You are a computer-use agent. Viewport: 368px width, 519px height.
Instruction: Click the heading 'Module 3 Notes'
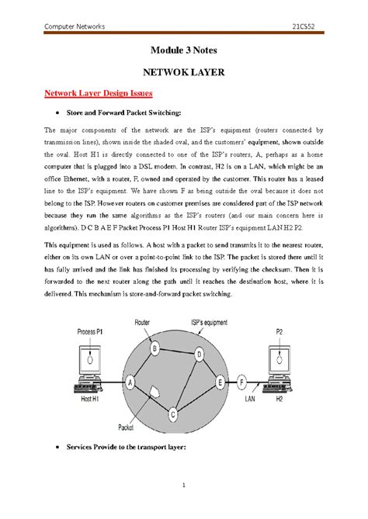[184, 51]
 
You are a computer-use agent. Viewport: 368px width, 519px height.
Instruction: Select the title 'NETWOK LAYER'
[184, 72]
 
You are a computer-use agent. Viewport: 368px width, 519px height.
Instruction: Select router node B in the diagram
[155, 349]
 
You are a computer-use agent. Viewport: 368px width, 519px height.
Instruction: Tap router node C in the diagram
[174, 413]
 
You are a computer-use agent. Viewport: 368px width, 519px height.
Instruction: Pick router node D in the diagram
[200, 355]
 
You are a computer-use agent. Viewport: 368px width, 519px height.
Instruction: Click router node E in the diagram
[221, 382]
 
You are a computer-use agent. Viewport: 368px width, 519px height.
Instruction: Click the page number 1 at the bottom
[184, 486]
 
